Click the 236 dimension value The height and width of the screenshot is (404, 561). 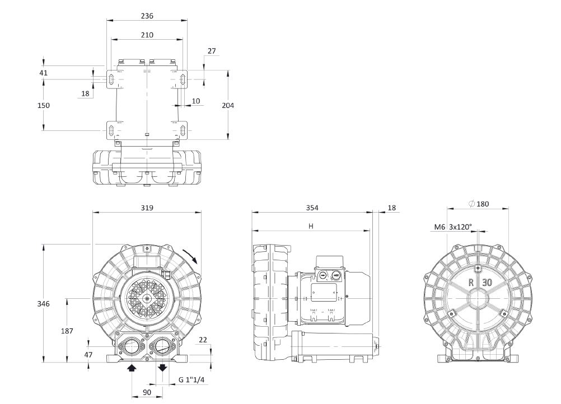click(146, 16)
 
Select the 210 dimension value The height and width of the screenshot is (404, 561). click(146, 35)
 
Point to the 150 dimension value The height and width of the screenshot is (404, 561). click(44, 105)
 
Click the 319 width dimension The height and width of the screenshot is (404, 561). click(146, 208)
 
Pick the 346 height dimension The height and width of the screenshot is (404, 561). click(44, 303)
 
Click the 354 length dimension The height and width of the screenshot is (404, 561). click(312, 208)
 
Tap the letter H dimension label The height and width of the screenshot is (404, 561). click(311, 226)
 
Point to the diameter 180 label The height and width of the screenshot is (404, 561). click(479, 204)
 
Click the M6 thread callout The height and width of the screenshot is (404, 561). click(440, 227)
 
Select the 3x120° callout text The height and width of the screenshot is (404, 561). click(460, 227)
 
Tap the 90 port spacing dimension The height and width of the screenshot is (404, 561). click(147, 393)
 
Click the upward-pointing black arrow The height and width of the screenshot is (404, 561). click(132, 368)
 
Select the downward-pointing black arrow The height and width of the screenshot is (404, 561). click(162, 368)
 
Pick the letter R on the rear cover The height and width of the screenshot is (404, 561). click(471, 283)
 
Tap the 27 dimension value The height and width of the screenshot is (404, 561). click(211, 51)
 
